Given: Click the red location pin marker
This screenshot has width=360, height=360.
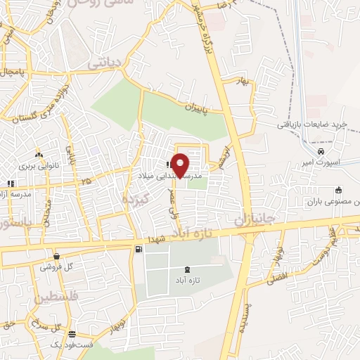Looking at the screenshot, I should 181,165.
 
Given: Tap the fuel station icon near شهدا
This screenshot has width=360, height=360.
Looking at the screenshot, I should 138,248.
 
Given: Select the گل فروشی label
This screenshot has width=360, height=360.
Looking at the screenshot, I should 56,267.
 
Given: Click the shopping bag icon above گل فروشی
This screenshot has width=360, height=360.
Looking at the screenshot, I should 56,257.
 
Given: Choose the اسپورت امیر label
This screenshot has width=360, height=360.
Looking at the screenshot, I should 321,162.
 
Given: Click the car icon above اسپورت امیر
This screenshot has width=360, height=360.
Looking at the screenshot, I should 321,151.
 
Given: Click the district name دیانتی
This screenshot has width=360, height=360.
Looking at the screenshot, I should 104,64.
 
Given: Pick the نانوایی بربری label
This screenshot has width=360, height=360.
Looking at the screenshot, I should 37,166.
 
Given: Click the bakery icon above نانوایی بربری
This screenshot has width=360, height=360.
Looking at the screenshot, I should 39,155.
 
